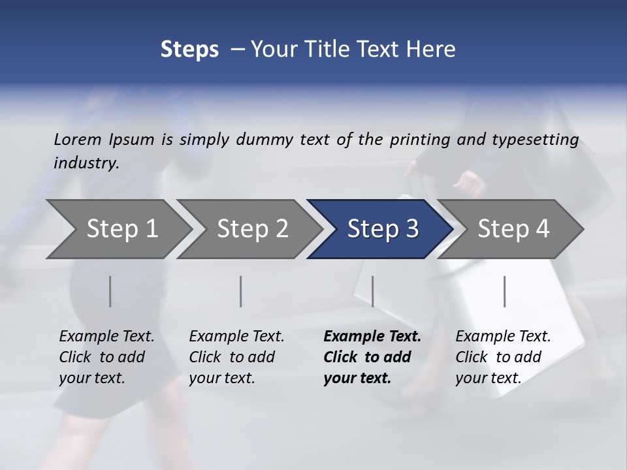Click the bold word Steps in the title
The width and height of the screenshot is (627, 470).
pos(189,49)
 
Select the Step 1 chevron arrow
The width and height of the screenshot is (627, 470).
pos(118,228)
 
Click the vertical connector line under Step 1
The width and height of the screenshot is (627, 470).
pos(110,291)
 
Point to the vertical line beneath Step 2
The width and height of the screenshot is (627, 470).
pos(241,291)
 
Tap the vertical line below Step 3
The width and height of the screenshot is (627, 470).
pos(372,291)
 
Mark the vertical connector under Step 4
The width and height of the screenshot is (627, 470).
pos(504,291)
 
